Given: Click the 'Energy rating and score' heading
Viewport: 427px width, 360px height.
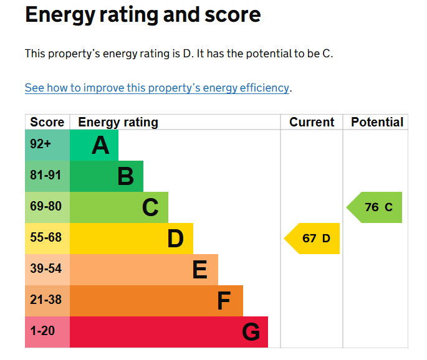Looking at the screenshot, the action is pyautogui.click(x=143, y=15).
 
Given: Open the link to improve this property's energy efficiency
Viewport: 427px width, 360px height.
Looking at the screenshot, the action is pyautogui.click(x=157, y=88).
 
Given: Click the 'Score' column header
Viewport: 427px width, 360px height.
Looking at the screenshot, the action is pyautogui.click(x=47, y=122).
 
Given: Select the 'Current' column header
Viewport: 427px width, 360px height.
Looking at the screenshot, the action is pyautogui.click(x=312, y=122).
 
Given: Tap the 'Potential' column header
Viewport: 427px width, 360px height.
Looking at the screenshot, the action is pyautogui.click(x=377, y=122).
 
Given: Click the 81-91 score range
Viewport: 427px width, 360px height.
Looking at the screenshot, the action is pyautogui.click(x=46, y=175).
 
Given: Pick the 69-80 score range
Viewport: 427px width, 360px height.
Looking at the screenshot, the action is pyautogui.click(x=46, y=206).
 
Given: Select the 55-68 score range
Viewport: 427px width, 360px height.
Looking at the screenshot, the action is pyautogui.click(x=46, y=237).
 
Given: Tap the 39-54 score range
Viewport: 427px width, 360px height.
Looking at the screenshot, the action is pyautogui.click(x=46, y=268).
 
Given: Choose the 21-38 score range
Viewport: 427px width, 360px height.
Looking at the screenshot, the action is pyautogui.click(x=46, y=300).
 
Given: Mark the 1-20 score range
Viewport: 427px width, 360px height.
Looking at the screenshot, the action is pyautogui.click(x=42, y=331).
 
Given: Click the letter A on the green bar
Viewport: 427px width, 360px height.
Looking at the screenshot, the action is pyautogui.click(x=100, y=145).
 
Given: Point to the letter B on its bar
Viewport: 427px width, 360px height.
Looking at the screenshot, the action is pyautogui.click(x=126, y=176).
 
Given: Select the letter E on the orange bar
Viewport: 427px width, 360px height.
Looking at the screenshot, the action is pyautogui.click(x=200, y=270).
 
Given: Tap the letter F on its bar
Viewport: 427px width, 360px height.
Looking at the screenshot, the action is pyautogui.click(x=224, y=301).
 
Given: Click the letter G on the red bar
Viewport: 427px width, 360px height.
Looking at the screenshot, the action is pyautogui.click(x=251, y=332).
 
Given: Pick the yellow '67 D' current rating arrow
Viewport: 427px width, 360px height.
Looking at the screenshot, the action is pyautogui.click(x=312, y=239).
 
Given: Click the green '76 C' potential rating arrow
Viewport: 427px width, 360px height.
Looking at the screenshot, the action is pyautogui.click(x=374, y=207).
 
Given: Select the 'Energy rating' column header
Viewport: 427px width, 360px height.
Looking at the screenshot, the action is pyautogui.click(x=118, y=122).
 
